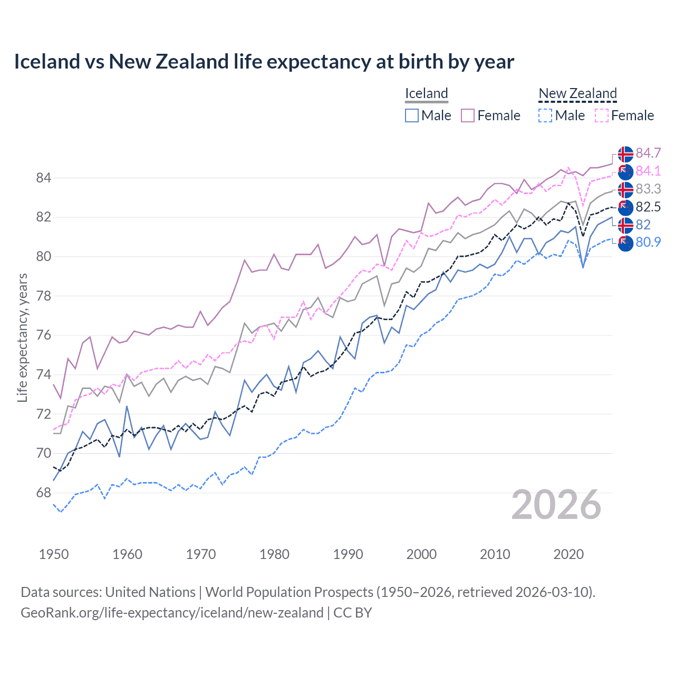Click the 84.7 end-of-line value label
tap(648, 153)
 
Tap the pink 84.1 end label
tap(648, 171)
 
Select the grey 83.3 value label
tap(648, 189)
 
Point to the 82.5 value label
tap(648, 207)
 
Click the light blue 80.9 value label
tap(648, 242)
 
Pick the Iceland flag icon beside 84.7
tap(625, 153)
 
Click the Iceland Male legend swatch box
tap(412, 115)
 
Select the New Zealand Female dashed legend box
tap(602, 115)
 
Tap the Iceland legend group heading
tap(426, 93)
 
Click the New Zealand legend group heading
tap(577, 93)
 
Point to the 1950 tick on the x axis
tap(54, 554)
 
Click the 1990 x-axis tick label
tap(348, 554)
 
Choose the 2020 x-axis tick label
tap(568, 554)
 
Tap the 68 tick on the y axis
tap(44, 493)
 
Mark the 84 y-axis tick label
tap(44, 178)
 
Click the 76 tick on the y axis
tap(44, 335)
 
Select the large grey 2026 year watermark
tap(556, 505)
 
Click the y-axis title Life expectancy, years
tap(23, 337)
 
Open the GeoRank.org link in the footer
tap(172, 613)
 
